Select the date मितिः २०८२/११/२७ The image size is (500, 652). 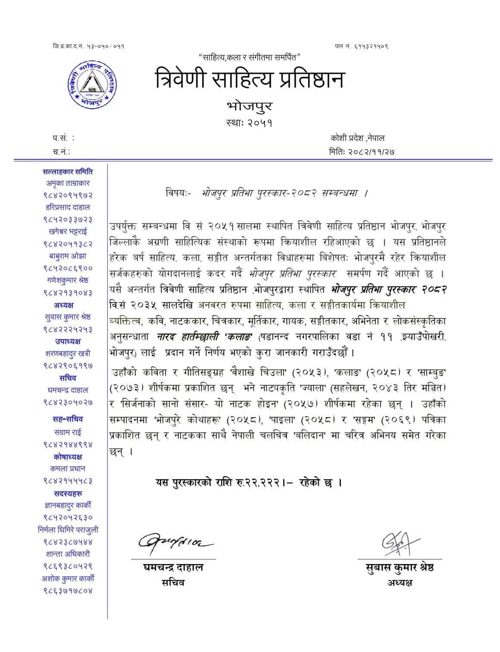tap(362, 151)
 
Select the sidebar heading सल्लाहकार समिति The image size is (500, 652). tap(68, 172)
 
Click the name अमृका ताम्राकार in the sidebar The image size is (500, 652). tap(68, 183)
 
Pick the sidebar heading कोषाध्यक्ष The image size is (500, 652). tap(68, 457)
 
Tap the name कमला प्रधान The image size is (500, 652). tap(68, 468)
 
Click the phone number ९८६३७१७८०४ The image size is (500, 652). tap(68, 590)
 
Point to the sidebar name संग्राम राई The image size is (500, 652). tap(68, 432)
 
